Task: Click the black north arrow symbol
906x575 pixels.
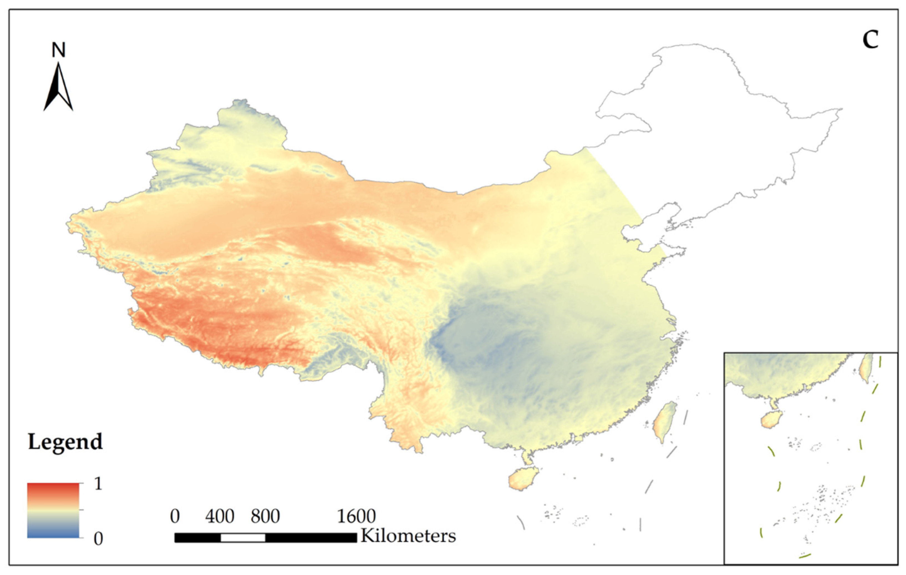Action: coord(58,88)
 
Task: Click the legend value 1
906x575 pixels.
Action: coord(98,483)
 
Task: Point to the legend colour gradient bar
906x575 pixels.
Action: coord(53,510)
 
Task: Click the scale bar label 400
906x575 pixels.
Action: coord(220,516)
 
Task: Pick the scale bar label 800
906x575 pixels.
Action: coord(265,516)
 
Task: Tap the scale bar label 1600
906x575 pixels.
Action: coord(356,516)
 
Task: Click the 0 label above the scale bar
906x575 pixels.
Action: coord(175,516)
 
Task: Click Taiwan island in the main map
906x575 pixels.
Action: coord(664,422)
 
